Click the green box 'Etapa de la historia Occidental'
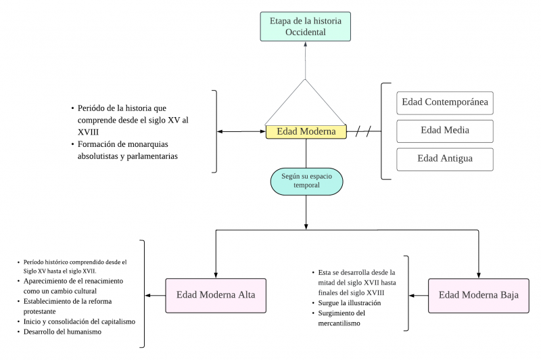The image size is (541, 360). point(305,26)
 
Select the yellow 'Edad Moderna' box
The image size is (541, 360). point(306,131)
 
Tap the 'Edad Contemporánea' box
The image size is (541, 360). point(444,103)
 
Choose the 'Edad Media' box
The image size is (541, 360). point(444,131)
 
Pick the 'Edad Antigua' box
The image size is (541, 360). point(444,159)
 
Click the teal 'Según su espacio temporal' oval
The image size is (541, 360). point(306,181)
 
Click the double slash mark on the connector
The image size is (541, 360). point(363,131)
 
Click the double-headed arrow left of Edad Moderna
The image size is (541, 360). point(241,131)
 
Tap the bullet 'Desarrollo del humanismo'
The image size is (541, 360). point(62,332)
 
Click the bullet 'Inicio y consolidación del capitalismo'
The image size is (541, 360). point(79,321)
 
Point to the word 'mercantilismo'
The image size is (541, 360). point(342,323)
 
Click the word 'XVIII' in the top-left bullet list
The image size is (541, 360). point(89,133)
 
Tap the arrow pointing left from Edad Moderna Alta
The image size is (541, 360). point(156,295)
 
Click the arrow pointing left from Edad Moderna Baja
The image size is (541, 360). point(419,295)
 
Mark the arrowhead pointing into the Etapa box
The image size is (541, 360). point(306,45)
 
